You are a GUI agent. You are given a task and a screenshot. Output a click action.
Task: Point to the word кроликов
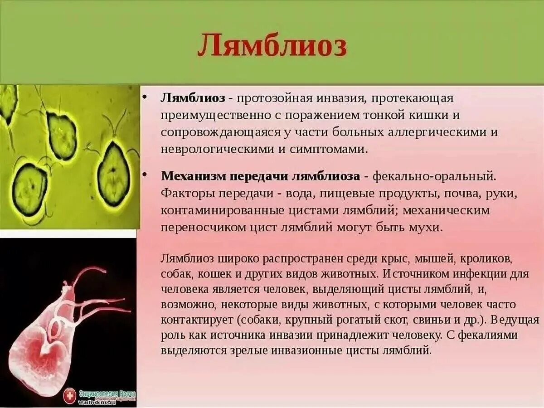(486, 259)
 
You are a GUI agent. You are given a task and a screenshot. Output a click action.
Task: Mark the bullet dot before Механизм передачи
(145, 175)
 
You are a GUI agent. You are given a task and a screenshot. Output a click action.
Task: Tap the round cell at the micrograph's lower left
(29, 184)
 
